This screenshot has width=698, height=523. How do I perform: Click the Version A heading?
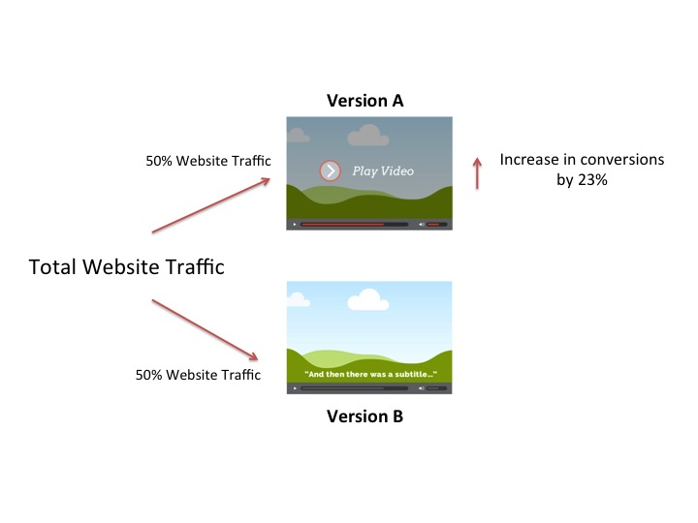365,101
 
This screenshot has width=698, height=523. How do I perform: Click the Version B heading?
365,416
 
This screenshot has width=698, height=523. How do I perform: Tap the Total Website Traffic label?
126,267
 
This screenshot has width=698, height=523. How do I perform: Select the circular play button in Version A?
331,170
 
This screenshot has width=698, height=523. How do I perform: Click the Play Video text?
383,171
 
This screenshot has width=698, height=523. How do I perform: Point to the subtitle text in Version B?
370,375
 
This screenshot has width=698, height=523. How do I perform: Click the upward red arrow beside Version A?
477,173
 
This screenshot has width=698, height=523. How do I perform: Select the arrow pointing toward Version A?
211,205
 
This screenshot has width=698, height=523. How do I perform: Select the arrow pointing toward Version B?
205,329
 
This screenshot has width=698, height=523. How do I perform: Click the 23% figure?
592,180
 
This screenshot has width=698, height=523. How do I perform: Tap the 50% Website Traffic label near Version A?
208,161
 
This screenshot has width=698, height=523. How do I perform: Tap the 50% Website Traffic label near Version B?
198,375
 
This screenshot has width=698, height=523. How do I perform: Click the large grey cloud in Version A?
368,136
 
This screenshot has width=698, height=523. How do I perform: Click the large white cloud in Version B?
368,300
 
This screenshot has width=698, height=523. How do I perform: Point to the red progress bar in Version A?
342,224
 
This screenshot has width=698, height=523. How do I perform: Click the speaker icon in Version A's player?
421,224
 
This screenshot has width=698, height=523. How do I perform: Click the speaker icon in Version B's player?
421,388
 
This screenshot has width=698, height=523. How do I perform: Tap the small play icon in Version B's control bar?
295,388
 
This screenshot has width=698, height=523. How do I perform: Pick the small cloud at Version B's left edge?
298,299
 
